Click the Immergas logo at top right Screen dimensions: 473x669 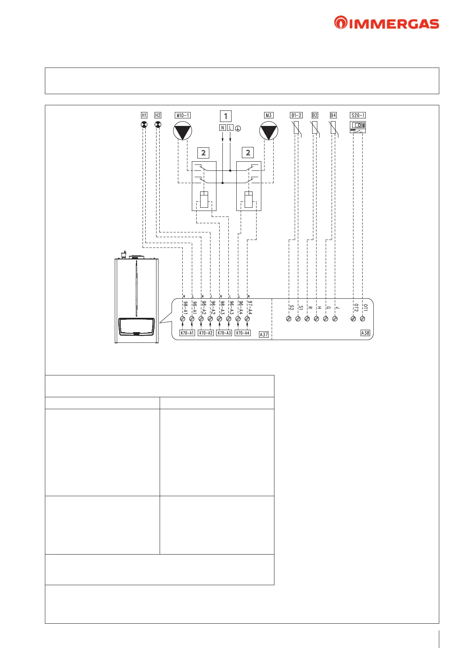point(386,23)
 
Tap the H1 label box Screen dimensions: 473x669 point(144,115)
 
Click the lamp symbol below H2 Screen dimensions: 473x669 point(158,125)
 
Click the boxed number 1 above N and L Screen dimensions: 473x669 point(226,116)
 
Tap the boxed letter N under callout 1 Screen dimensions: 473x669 point(222,128)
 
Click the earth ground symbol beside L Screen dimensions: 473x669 point(238,128)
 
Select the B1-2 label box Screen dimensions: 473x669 point(296,115)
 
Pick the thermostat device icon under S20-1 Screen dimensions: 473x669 point(358,127)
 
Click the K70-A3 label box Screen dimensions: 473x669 point(224,333)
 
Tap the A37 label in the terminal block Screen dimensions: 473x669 point(264,334)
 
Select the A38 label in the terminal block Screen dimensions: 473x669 point(365,333)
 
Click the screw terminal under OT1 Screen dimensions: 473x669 point(362,319)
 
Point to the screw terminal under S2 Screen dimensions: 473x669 point(289,319)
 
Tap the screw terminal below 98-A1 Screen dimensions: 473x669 point(183,319)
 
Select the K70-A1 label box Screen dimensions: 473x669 point(187,333)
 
